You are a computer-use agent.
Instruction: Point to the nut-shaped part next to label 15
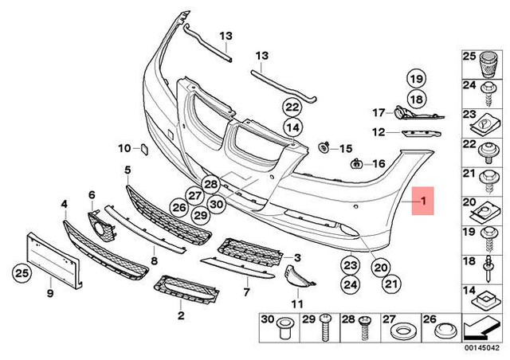click(x=325, y=148)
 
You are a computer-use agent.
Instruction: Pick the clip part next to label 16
click(x=356, y=164)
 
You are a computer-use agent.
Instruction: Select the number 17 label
click(x=378, y=112)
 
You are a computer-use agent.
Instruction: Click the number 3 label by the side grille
click(x=297, y=258)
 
